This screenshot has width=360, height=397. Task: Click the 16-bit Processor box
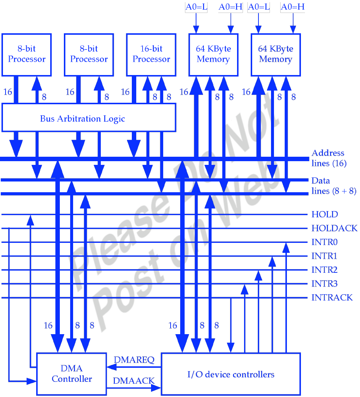[x=151, y=54]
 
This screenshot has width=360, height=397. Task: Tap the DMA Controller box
[x=72, y=374]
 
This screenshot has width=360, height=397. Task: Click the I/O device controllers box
[x=231, y=374]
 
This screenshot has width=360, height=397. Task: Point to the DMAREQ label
[x=134, y=360]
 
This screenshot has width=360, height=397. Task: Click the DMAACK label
[x=133, y=381]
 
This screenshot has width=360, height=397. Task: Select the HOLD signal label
[x=325, y=214]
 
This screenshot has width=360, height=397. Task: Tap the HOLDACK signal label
[x=334, y=228]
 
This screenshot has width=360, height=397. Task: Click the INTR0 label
[x=325, y=242]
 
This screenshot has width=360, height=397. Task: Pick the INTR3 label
[x=325, y=284]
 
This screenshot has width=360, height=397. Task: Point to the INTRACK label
[x=332, y=298]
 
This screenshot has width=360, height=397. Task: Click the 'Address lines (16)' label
[x=329, y=158]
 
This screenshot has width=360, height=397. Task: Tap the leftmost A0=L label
[x=196, y=7]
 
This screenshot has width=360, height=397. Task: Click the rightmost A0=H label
[x=293, y=7]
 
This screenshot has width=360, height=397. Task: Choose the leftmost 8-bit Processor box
[x=27, y=54]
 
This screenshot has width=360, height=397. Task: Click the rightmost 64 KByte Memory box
[x=275, y=54]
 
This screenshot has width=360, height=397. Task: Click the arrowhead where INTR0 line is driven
[x=286, y=247]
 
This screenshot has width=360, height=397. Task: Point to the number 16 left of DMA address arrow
[x=48, y=326]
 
